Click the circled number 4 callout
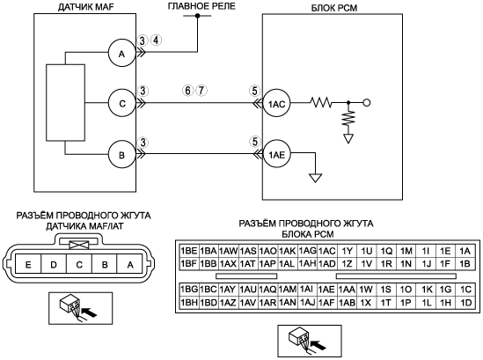157,40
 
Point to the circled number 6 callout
188,91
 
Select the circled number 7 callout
201,91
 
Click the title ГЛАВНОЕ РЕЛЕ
201,6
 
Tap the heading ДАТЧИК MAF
86,7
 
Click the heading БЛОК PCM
334,8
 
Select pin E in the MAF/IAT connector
28,264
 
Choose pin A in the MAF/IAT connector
130,264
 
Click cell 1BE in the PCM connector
189,251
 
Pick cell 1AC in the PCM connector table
326,251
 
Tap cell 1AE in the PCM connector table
326,289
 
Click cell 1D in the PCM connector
465,303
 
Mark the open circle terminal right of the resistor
367,103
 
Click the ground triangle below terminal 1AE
316,178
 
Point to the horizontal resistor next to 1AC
320,103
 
